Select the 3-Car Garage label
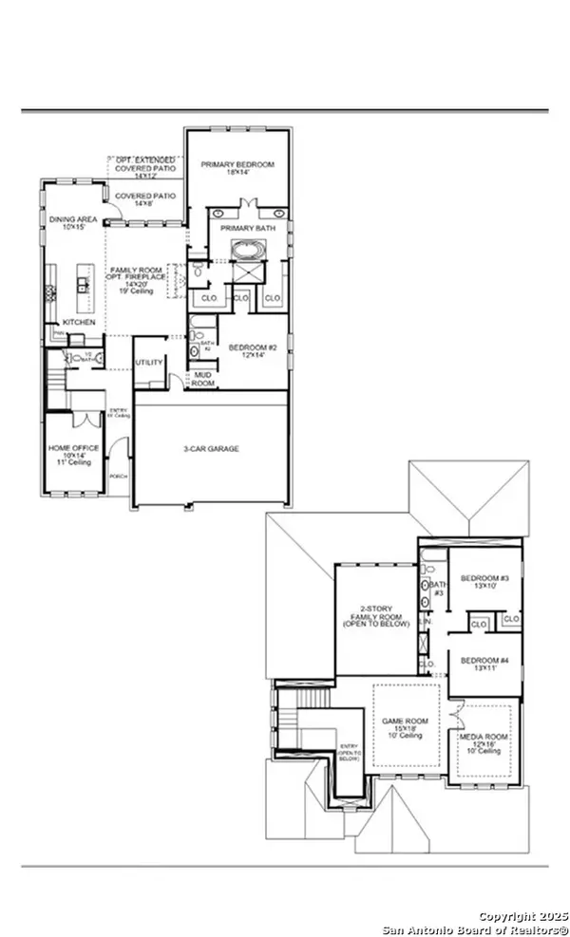click(211, 448)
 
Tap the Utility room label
click(150, 363)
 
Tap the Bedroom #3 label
click(484, 582)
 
